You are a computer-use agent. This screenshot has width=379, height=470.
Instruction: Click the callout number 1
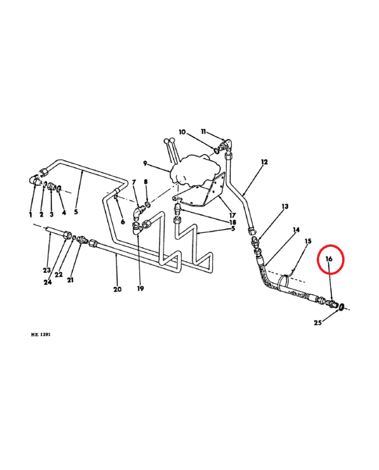(x=30, y=215)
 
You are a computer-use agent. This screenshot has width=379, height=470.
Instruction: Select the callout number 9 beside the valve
(x=145, y=163)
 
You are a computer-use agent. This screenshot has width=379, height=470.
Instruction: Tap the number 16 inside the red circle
(x=329, y=259)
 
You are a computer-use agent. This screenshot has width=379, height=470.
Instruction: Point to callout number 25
(x=318, y=323)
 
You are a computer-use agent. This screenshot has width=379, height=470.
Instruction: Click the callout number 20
(x=117, y=289)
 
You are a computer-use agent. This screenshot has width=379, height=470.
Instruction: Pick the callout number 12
(x=264, y=162)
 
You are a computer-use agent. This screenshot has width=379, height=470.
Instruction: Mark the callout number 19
(x=140, y=289)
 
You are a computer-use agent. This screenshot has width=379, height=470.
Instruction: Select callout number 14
(x=296, y=230)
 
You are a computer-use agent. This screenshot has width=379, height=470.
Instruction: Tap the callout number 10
(x=182, y=132)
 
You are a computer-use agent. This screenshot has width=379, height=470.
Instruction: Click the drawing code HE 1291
(x=41, y=335)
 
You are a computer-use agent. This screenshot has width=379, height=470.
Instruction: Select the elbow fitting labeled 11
(x=226, y=143)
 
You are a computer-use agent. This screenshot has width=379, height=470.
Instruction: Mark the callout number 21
(x=70, y=280)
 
